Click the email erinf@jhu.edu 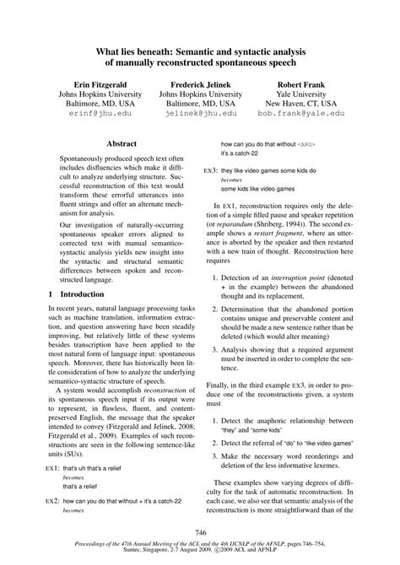[x=94, y=112]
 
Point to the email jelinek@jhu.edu [x=200, y=112]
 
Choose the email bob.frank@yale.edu [x=301, y=112]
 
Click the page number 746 [x=200, y=533]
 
